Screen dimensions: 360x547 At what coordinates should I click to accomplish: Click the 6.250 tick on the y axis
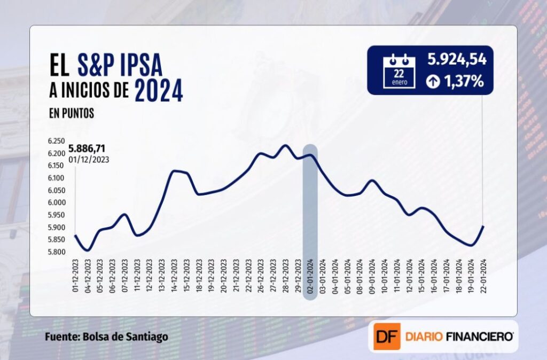(57, 142)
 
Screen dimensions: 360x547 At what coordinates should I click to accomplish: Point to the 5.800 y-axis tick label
(57, 252)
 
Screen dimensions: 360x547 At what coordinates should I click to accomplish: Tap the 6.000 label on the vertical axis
(57, 203)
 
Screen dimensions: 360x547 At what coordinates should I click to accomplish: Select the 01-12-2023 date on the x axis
(75, 276)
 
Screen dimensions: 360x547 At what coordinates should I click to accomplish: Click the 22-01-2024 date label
(483, 276)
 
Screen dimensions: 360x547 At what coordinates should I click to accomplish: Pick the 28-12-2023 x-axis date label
(285, 276)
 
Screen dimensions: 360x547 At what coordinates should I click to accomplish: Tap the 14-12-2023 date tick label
(174, 276)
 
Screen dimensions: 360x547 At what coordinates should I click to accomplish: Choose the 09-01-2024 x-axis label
(372, 276)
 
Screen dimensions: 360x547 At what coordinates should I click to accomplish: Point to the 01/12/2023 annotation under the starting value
(88, 159)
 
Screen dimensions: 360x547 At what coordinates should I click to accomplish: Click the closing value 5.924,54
(457, 60)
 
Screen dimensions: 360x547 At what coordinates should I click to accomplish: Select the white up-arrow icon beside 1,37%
(433, 82)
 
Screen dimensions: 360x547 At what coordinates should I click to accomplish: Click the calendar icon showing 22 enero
(399, 71)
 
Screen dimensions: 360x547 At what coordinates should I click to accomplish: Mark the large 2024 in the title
(159, 90)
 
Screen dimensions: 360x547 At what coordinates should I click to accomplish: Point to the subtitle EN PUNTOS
(71, 114)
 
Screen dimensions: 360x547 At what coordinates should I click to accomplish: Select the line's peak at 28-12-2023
(285, 145)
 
